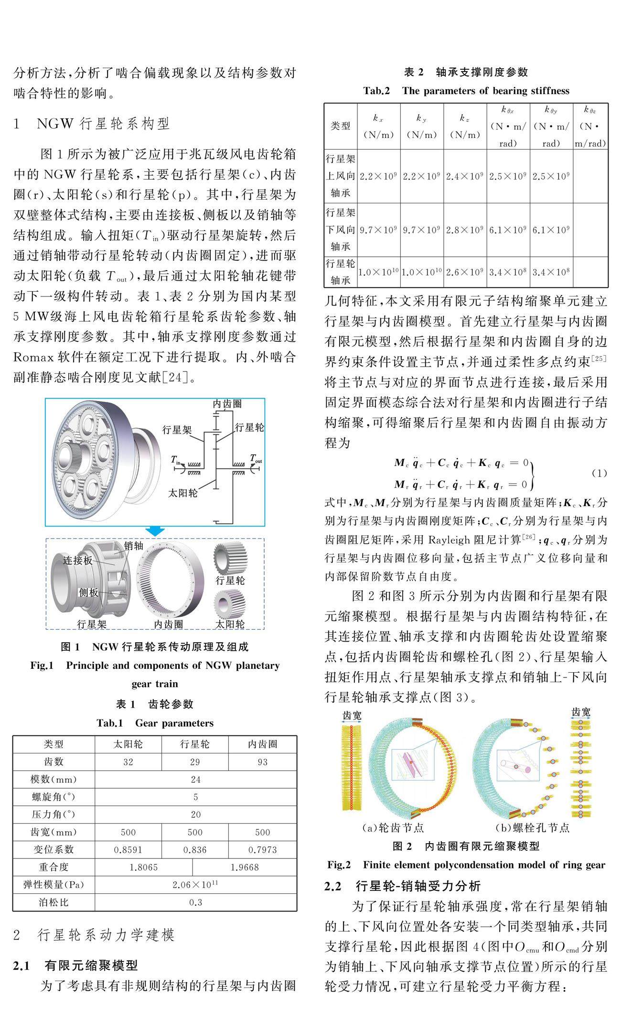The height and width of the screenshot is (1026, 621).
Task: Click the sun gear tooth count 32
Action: click(x=128, y=762)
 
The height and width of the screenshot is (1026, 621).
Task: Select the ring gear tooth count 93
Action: click(x=262, y=762)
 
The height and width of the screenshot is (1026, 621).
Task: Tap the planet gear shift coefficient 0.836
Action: click(x=195, y=850)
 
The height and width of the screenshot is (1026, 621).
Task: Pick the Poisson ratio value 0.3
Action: click(x=195, y=902)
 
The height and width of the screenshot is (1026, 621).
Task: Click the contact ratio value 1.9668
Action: click(x=244, y=867)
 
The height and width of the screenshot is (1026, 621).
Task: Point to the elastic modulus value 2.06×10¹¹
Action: click(x=195, y=885)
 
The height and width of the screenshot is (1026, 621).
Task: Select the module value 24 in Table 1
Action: click(x=195, y=780)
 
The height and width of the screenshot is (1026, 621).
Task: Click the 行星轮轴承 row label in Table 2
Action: click(x=340, y=272)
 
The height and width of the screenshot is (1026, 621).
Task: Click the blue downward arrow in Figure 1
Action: click(x=155, y=531)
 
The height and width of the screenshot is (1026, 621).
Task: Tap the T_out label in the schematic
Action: click(x=256, y=459)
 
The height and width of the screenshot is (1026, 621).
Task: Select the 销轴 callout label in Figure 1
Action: click(x=133, y=545)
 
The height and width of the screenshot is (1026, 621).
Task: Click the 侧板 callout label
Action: click(x=88, y=592)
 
